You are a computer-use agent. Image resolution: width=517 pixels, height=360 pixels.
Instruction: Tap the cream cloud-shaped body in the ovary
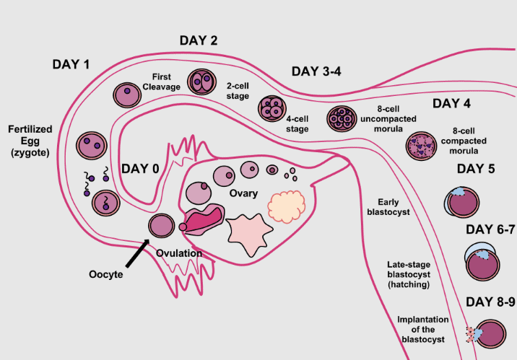pos(286,206)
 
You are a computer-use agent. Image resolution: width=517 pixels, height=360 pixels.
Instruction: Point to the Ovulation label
pos(179,253)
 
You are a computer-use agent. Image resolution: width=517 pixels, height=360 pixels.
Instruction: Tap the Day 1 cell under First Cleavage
pos(128,94)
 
